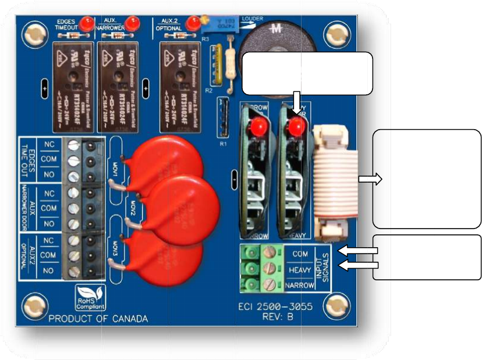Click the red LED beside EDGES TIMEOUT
tap(87, 24)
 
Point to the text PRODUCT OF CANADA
tap(98, 319)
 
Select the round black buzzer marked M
tap(272, 55)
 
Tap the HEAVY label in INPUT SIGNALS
tap(300, 270)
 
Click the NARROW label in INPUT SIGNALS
tap(300, 285)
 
